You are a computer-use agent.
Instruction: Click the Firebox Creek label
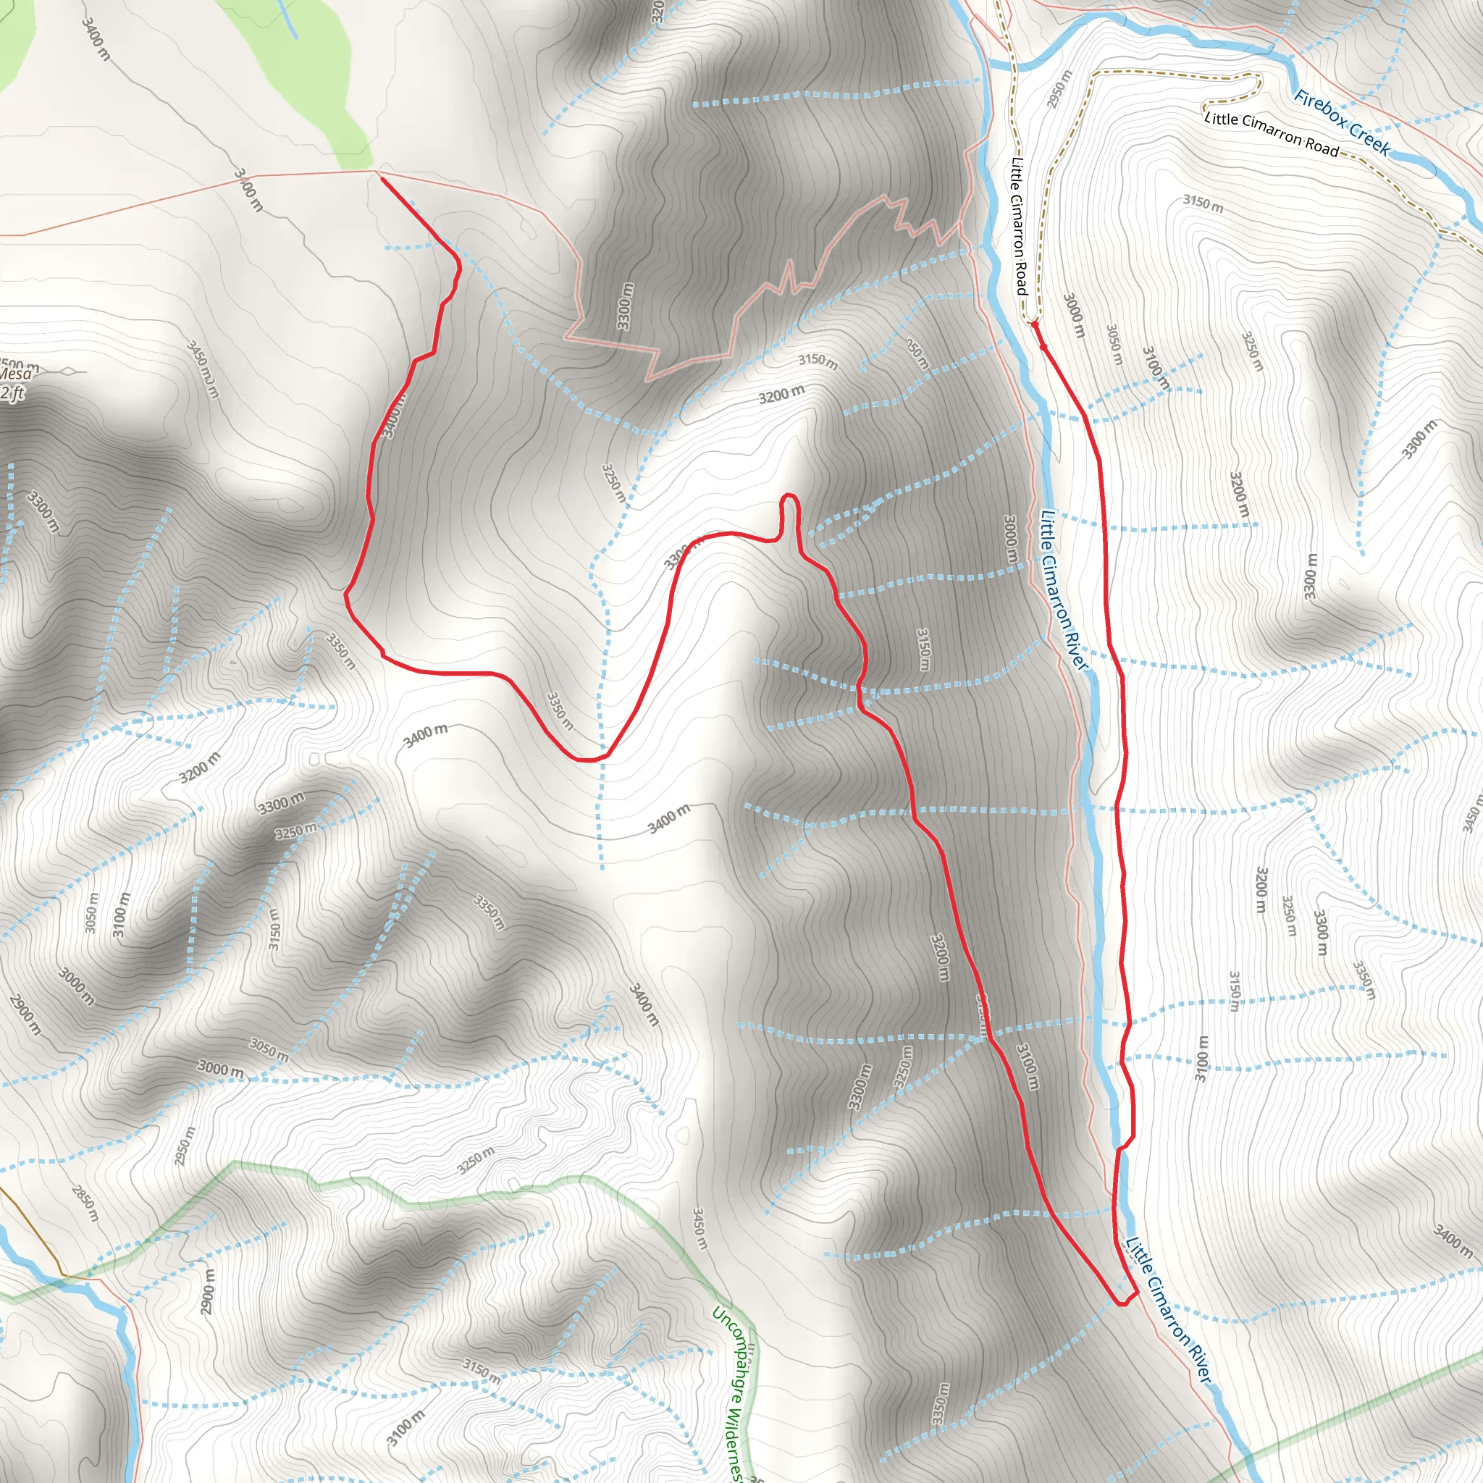pyautogui.click(x=1341, y=123)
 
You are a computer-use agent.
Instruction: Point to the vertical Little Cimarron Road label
pyautogui.click(x=1019, y=227)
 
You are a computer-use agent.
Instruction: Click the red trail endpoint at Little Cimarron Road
pyautogui.click(x=1034, y=324)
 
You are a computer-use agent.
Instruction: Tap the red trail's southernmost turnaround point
pyautogui.click(x=1123, y=1303)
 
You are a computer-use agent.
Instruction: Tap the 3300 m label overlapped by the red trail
pyautogui.click(x=679, y=554)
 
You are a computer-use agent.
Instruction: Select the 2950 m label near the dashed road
pyautogui.click(x=1059, y=89)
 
